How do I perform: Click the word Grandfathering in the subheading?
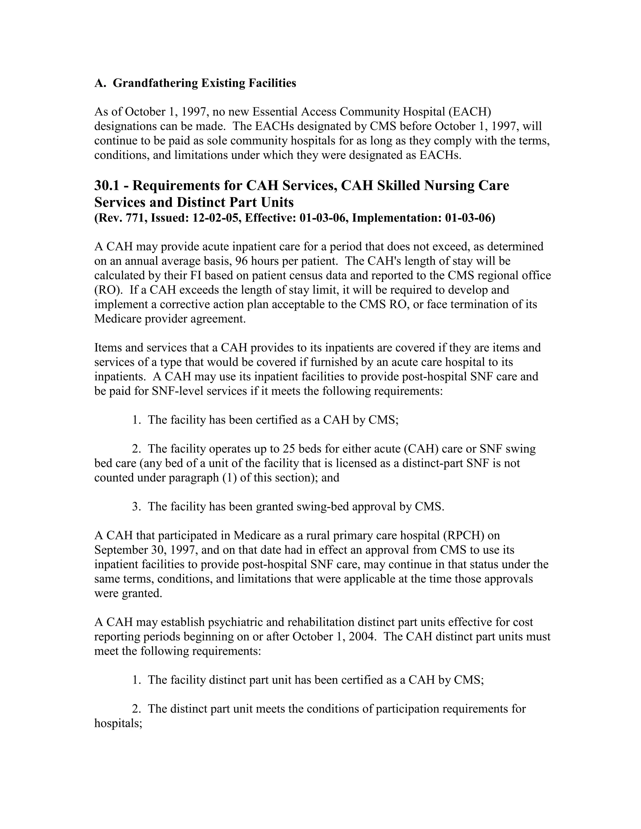point(155,83)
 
